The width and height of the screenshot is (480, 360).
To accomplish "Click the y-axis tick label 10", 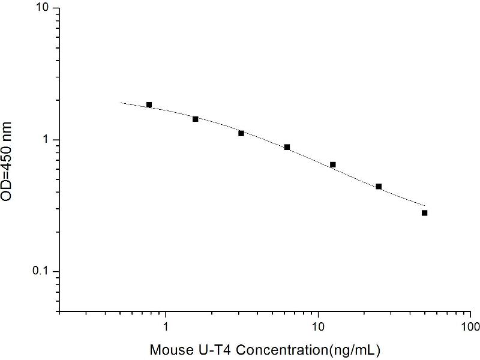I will click(45, 9).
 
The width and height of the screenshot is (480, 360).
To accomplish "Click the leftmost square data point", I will click(149, 105).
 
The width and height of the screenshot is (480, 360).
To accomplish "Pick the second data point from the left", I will click(196, 119).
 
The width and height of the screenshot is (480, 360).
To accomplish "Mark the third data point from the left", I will click(241, 133).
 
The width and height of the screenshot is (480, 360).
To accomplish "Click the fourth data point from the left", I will click(287, 147).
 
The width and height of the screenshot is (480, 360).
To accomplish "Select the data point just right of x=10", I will click(333, 164).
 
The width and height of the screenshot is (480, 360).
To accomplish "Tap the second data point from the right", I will click(379, 187).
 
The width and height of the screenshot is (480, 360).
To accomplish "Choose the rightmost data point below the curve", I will click(425, 213).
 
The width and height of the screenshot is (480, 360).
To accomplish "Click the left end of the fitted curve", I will click(121, 103).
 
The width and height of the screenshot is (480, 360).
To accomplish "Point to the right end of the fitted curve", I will click(425, 205).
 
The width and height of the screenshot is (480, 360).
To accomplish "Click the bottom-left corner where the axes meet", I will click(60, 311).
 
